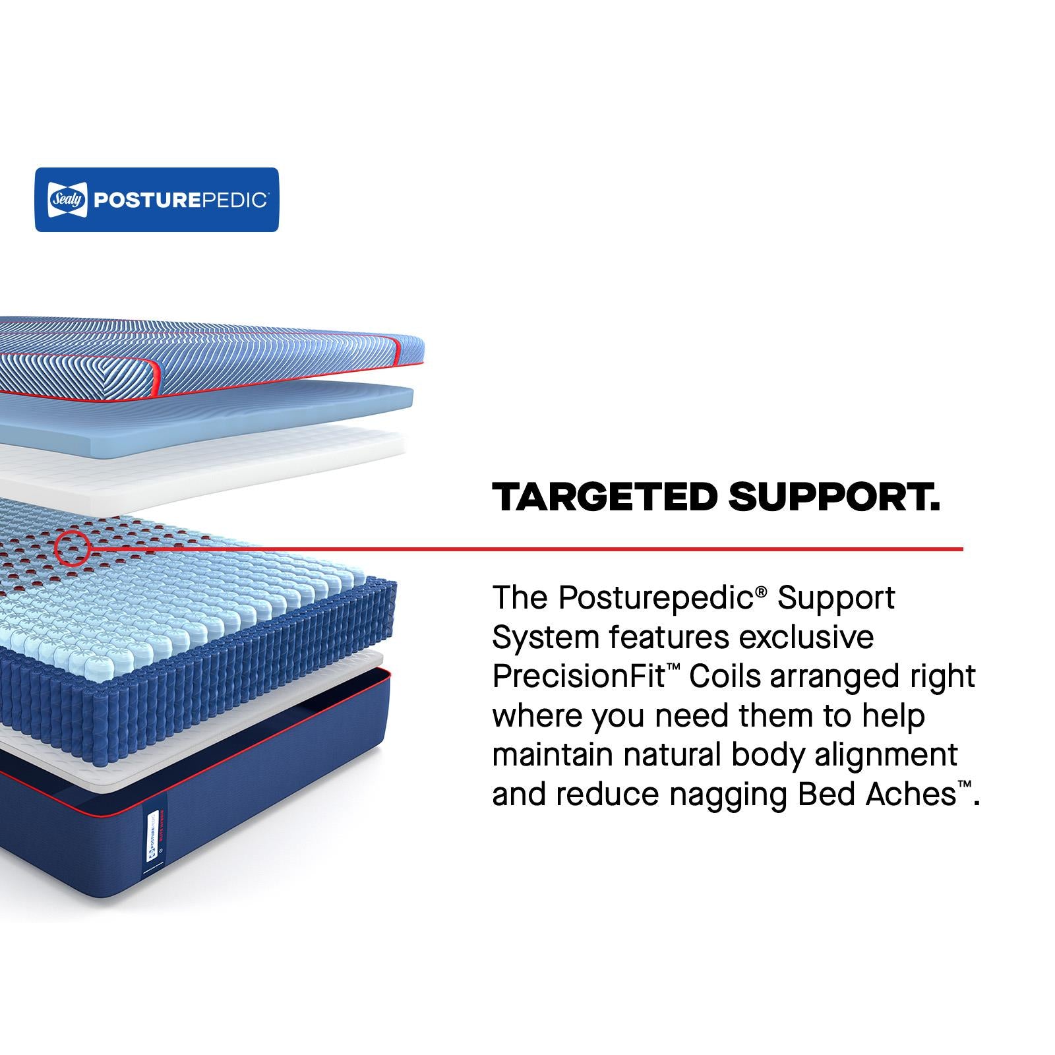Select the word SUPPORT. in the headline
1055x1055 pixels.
[834, 497]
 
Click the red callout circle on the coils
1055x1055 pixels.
[73, 549]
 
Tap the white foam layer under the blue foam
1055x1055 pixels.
[202, 465]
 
